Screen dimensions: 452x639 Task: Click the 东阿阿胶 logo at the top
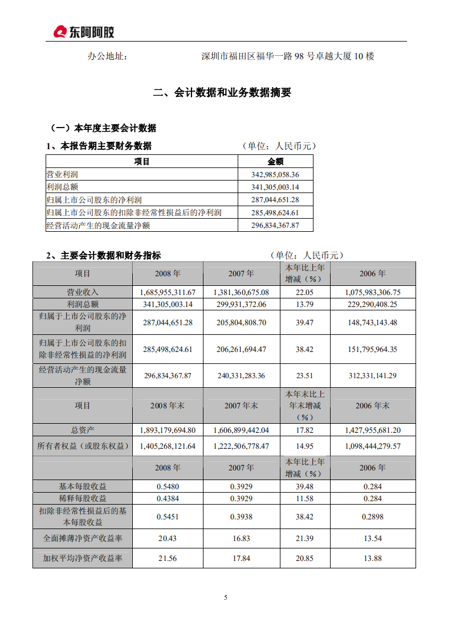tap(84, 32)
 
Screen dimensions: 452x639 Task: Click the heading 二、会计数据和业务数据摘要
tap(222, 93)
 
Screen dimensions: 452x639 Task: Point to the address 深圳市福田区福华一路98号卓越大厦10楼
tap(288, 56)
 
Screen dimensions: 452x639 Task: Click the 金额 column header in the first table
tap(275, 162)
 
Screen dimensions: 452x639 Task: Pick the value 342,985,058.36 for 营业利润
tap(275, 174)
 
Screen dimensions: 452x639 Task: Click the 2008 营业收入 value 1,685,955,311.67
tap(168, 292)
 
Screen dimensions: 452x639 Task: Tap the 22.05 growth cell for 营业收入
tap(305, 292)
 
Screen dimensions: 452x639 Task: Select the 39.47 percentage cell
tap(305, 322)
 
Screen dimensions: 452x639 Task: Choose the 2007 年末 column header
tap(241, 405)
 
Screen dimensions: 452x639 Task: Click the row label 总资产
tap(83, 431)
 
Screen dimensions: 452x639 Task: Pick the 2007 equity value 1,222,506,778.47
tap(241, 446)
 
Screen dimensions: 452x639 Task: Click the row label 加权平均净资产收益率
tap(83, 559)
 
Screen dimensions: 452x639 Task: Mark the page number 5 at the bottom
tap(226, 597)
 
